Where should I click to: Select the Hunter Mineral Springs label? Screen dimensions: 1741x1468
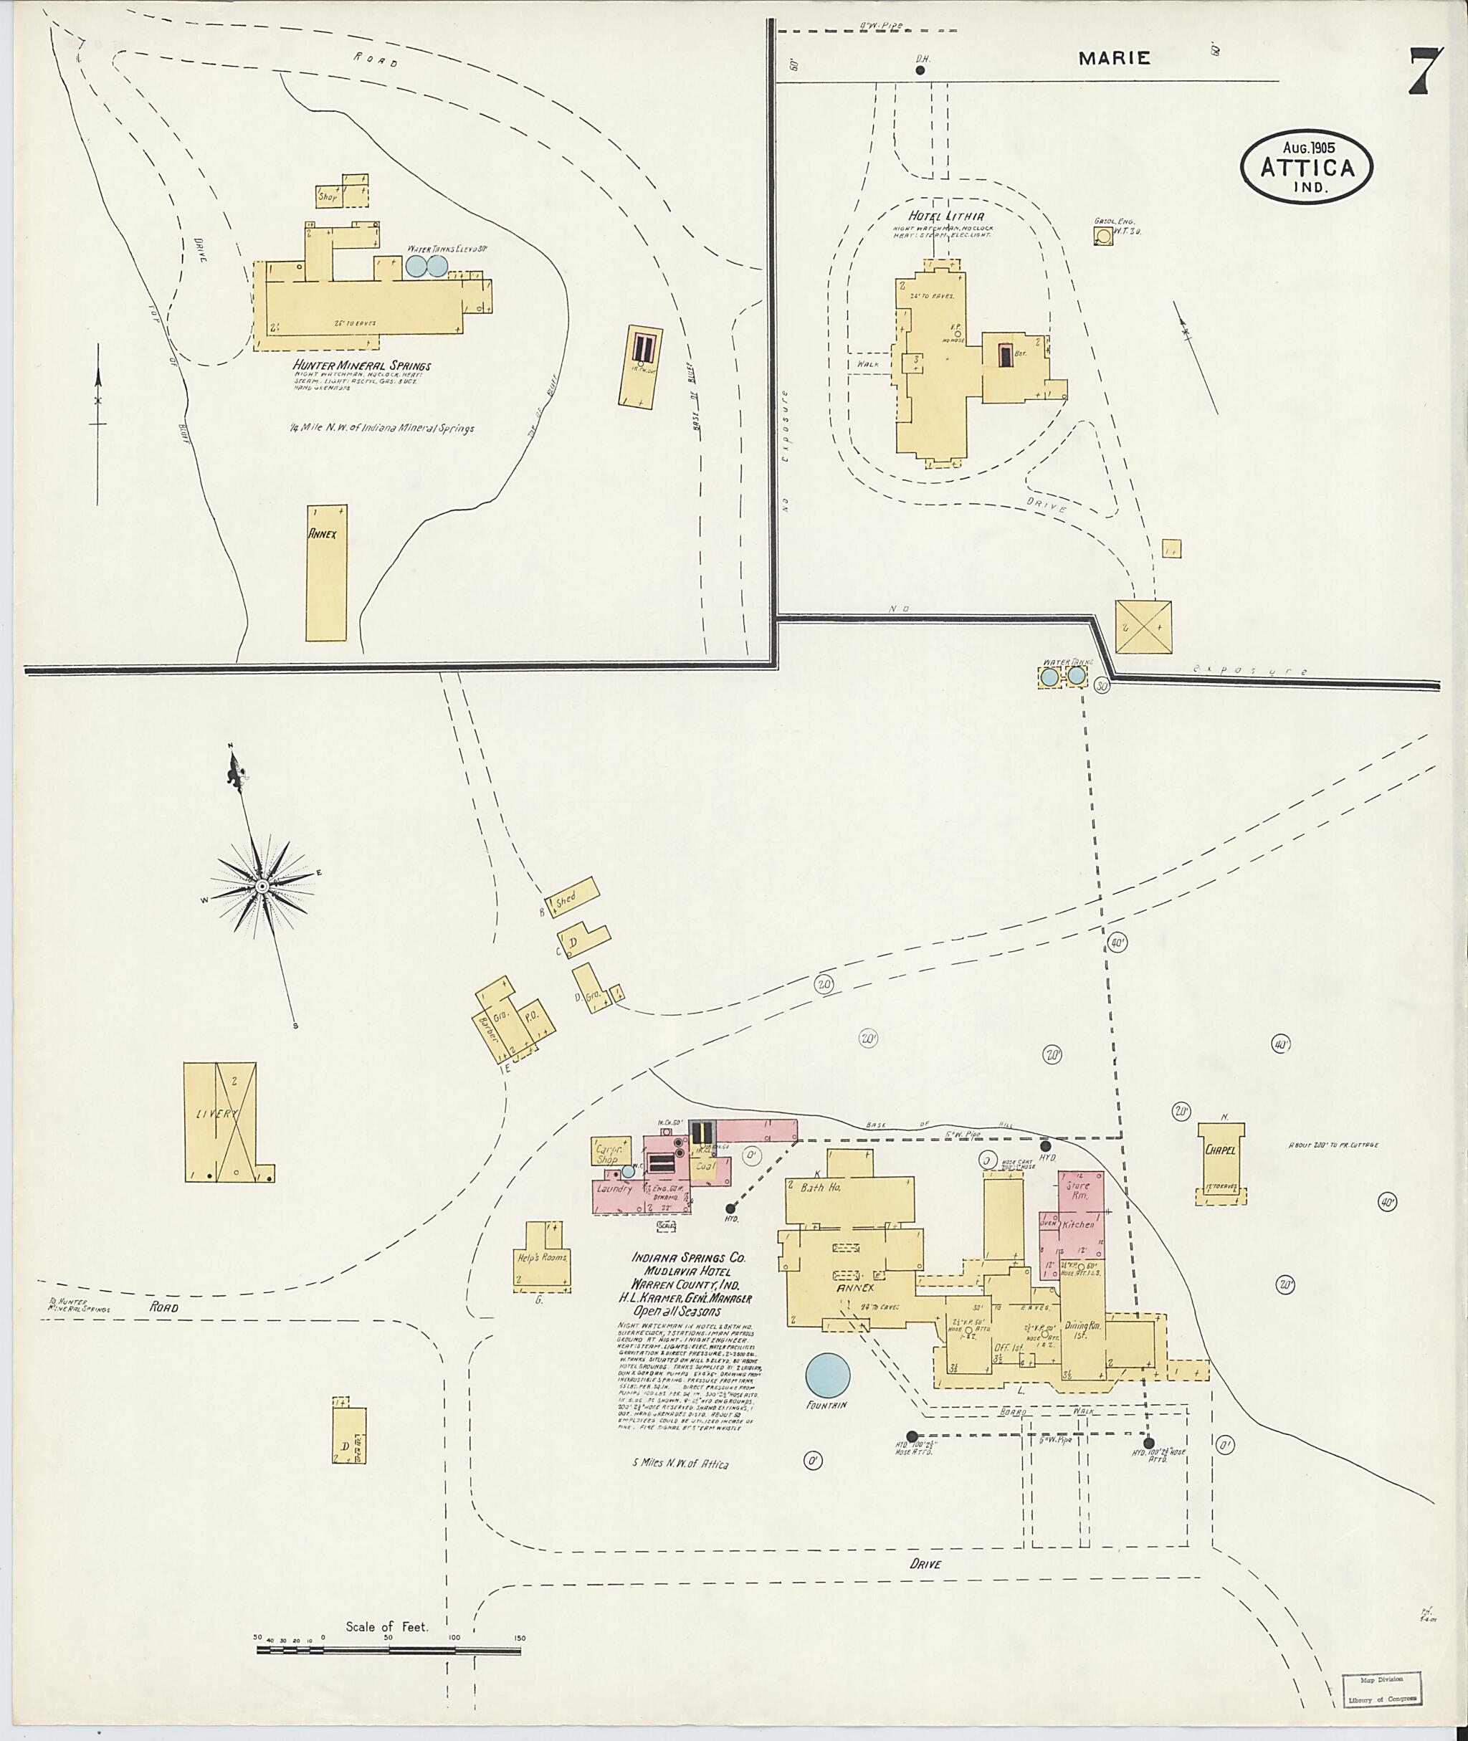point(361,366)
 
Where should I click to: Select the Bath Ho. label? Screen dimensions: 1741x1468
point(821,1188)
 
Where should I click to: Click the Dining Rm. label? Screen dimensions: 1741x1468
point(1082,1329)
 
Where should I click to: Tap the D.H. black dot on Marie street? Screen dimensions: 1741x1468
point(920,71)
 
